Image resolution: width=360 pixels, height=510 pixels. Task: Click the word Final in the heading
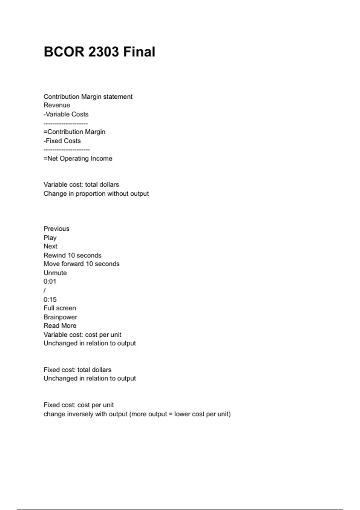pos(139,52)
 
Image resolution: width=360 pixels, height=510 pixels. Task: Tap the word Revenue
pos(57,105)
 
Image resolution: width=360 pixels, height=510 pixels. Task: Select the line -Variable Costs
pos(66,114)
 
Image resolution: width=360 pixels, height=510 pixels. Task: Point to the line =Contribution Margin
pos(74,132)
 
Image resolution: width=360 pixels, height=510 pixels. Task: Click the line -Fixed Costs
pos(62,141)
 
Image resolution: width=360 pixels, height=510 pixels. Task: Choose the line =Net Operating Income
pos(78,158)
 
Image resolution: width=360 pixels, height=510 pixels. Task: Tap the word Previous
pos(56,229)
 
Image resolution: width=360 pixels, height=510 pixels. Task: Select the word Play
pos(50,238)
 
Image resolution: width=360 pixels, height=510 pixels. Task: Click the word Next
pos(50,246)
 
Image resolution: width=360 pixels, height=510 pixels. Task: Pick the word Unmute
pos(55,273)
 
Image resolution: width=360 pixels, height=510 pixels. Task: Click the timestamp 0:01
pos(50,281)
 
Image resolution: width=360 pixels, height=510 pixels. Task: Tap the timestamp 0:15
pos(50,299)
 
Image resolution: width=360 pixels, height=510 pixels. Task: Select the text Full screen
pos(60,308)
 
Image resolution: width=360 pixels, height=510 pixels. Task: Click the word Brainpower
pos(60,317)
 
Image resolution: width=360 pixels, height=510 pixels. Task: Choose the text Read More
pos(60,325)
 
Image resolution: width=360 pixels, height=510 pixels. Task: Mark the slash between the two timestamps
pos(45,290)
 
